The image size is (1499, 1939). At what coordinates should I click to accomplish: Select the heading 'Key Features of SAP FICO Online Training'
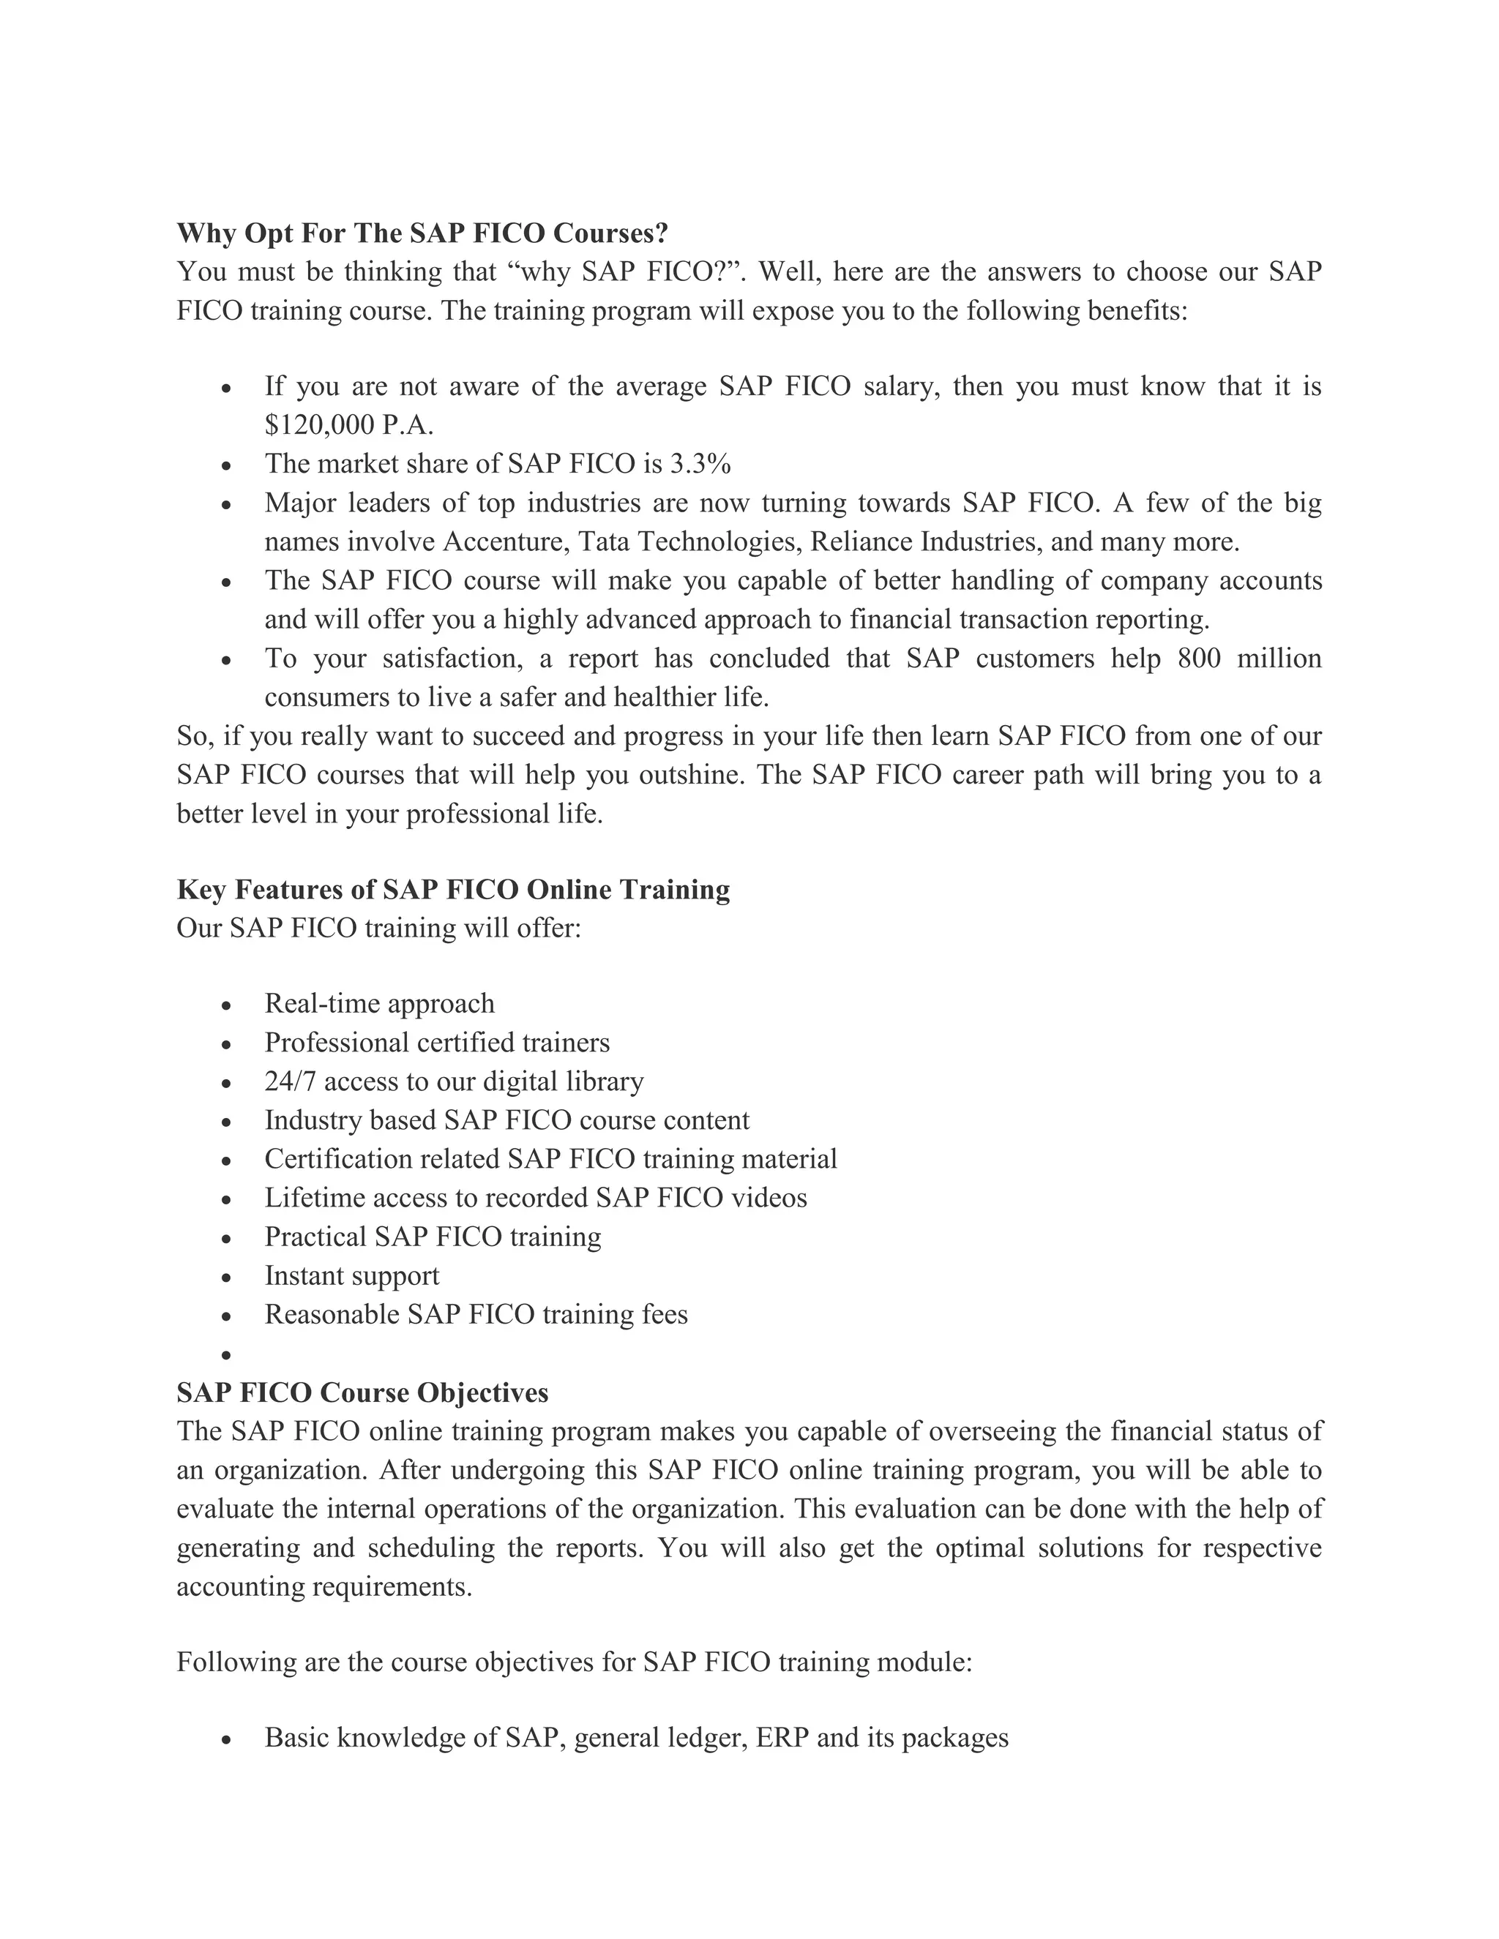pos(453,890)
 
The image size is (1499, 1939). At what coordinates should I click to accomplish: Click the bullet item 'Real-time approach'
pos(379,1003)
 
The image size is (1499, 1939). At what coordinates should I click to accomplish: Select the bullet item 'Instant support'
pos(351,1276)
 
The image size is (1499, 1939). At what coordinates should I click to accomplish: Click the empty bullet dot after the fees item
pos(226,1356)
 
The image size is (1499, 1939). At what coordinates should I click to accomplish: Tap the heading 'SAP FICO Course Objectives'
pos(362,1392)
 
